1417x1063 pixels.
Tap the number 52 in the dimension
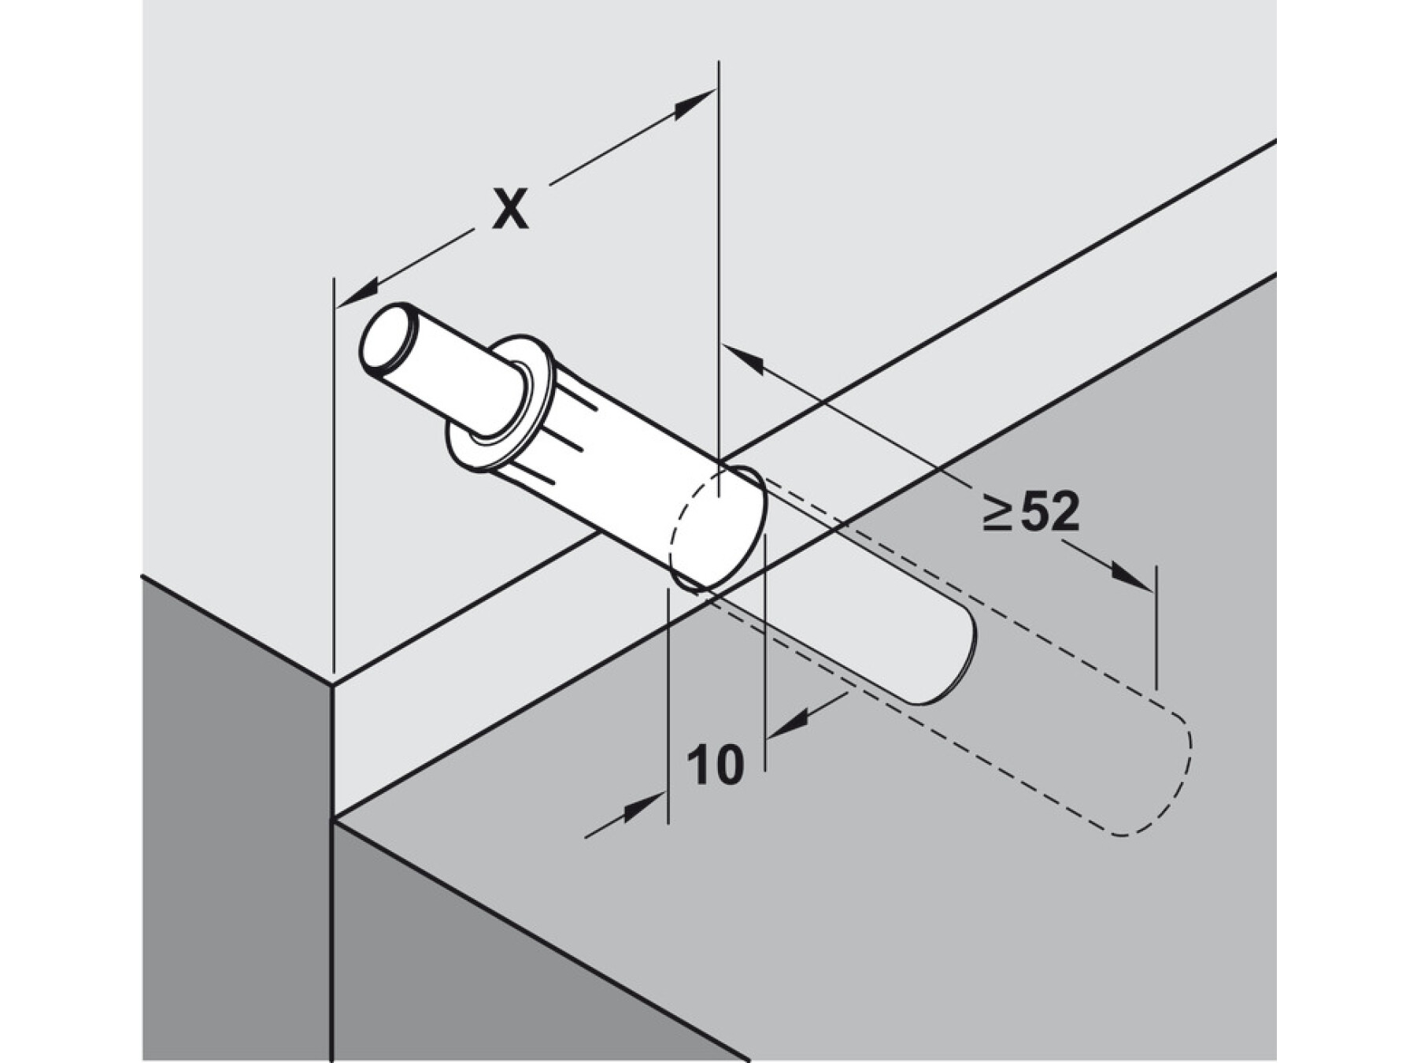(1049, 513)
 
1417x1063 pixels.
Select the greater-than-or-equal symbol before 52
(997, 514)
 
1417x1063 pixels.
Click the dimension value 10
(715, 765)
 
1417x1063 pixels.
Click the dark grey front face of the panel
(236, 827)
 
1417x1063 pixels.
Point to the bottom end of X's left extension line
(335, 682)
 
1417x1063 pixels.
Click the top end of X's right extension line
(719, 63)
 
